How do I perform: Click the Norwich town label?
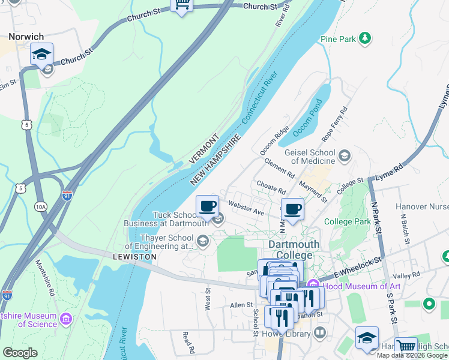tap(26, 36)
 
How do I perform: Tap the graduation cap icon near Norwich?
tap(41, 55)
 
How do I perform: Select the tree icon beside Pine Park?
tap(364, 39)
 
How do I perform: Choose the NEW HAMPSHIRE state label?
tap(215, 160)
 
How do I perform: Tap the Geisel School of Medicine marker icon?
tap(345, 157)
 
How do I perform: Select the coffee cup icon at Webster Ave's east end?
tap(292, 209)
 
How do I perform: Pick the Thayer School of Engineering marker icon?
tap(203, 242)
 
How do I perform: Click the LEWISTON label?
tap(134, 256)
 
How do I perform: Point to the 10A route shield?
tap(40, 207)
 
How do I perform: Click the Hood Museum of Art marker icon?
tap(312, 286)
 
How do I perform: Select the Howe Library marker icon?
tap(320, 332)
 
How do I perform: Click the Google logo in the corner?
tap(20, 353)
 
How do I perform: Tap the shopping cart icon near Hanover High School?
tap(406, 346)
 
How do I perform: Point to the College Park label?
tap(347, 221)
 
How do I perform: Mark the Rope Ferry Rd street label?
tap(335, 124)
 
